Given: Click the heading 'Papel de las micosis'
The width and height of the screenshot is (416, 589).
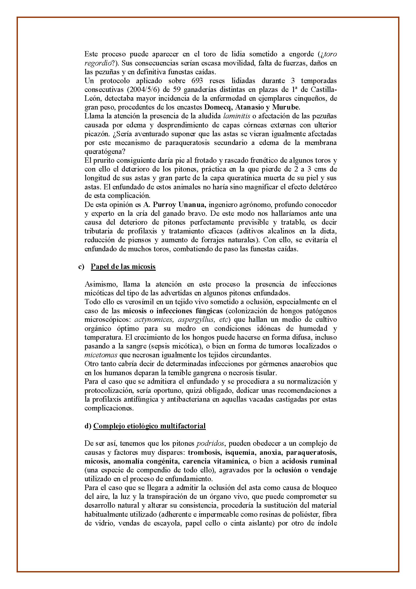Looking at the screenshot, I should [123, 267].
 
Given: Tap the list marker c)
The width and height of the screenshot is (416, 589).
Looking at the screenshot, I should [81, 267].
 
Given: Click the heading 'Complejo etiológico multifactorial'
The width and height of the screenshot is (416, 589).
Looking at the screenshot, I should [149, 426].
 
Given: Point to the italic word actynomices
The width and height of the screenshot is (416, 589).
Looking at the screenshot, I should [150, 320].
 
